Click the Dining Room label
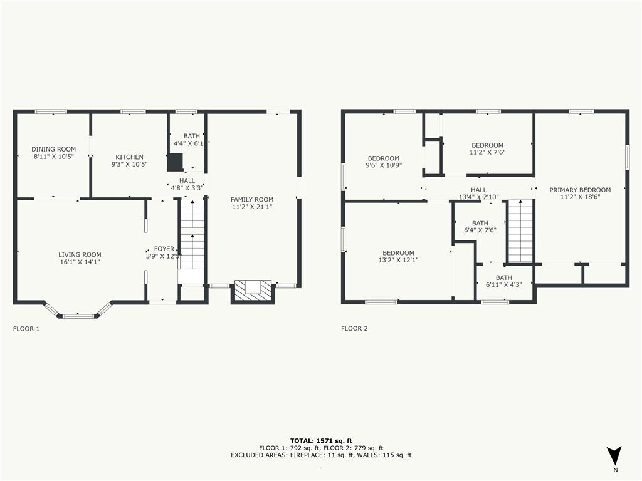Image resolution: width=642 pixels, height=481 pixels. point(53,149)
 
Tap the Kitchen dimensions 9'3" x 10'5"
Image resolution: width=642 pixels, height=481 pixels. point(129,165)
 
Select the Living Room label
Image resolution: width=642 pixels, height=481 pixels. point(79,254)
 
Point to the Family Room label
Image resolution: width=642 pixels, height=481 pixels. point(252,199)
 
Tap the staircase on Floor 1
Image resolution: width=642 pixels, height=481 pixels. point(192,235)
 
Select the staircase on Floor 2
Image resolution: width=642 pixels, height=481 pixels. point(520,232)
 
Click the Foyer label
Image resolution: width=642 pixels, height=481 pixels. point(164,249)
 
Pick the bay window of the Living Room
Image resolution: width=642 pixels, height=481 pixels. point(78,312)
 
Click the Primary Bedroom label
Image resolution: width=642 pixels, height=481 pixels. point(580,190)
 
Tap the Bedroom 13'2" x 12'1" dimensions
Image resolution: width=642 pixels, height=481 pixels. point(398,260)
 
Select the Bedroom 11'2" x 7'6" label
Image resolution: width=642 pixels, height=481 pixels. point(487,145)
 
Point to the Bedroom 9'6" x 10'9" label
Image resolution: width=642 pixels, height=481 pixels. point(383,158)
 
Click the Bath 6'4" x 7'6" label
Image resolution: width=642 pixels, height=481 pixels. point(480,223)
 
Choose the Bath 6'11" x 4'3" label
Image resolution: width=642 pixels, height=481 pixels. point(503,277)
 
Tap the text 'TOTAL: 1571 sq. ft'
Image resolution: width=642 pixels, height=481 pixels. point(320,440)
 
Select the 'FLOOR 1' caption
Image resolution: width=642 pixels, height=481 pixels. point(26,328)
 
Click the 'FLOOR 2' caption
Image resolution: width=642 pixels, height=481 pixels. point(354,328)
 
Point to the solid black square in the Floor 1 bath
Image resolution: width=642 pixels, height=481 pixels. point(174,162)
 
